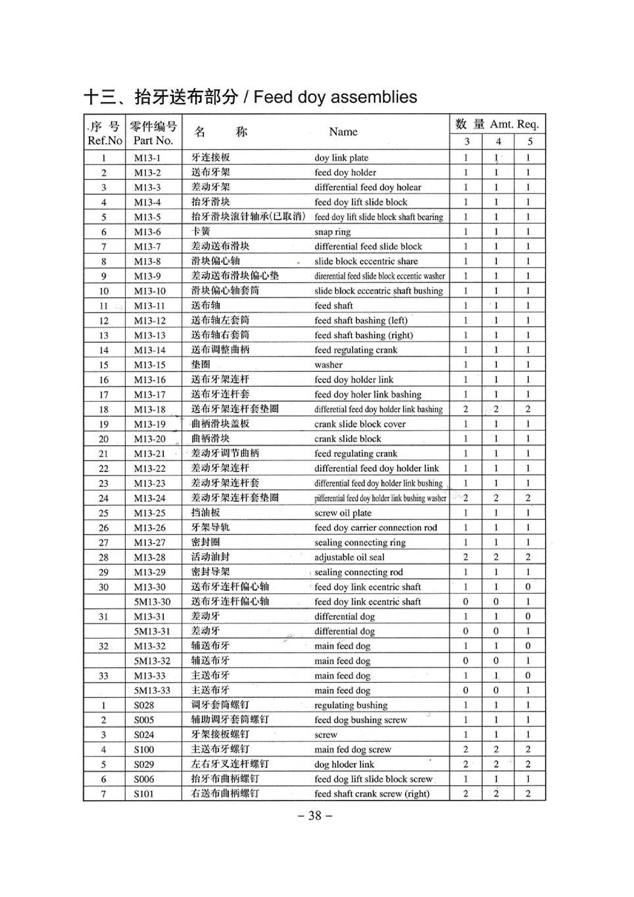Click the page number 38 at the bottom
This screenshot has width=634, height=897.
(x=315, y=816)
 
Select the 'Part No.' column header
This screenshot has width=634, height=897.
(x=153, y=141)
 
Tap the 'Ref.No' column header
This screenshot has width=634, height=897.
(x=105, y=141)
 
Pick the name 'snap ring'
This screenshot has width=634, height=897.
(x=332, y=232)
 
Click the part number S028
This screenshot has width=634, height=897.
(x=144, y=705)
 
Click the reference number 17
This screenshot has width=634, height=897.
(x=103, y=395)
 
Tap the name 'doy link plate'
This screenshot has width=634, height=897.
(x=341, y=158)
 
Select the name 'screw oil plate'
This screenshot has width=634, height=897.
(x=343, y=513)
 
